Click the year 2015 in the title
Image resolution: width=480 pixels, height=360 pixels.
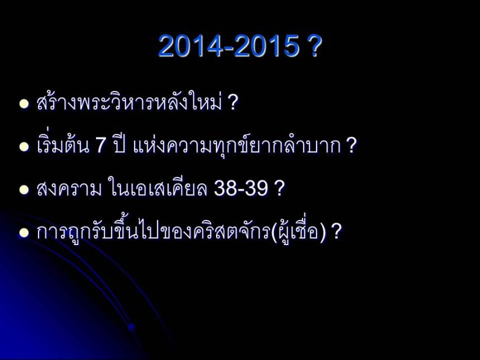pyautogui.click(x=267, y=47)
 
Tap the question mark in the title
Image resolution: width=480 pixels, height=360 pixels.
pyautogui.click(x=314, y=47)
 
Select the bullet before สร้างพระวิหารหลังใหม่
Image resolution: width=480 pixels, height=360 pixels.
pyautogui.click(x=23, y=104)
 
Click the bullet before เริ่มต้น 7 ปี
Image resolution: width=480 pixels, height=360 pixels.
pyautogui.click(x=23, y=147)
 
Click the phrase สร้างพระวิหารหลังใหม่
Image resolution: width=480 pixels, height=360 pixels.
pyautogui.click(x=129, y=103)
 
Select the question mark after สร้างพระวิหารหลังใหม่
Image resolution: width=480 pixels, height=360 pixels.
pyautogui.click(x=233, y=103)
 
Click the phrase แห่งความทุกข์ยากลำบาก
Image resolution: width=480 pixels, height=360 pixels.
pyautogui.click(x=237, y=147)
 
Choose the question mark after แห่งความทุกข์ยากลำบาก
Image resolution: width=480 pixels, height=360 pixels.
pyautogui.click(x=351, y=147)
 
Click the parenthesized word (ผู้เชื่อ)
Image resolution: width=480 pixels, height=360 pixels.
pyautogui.click(x=298, y=232)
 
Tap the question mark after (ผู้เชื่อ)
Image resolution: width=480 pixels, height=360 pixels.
pyautogui.click(x=336, y=232)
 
